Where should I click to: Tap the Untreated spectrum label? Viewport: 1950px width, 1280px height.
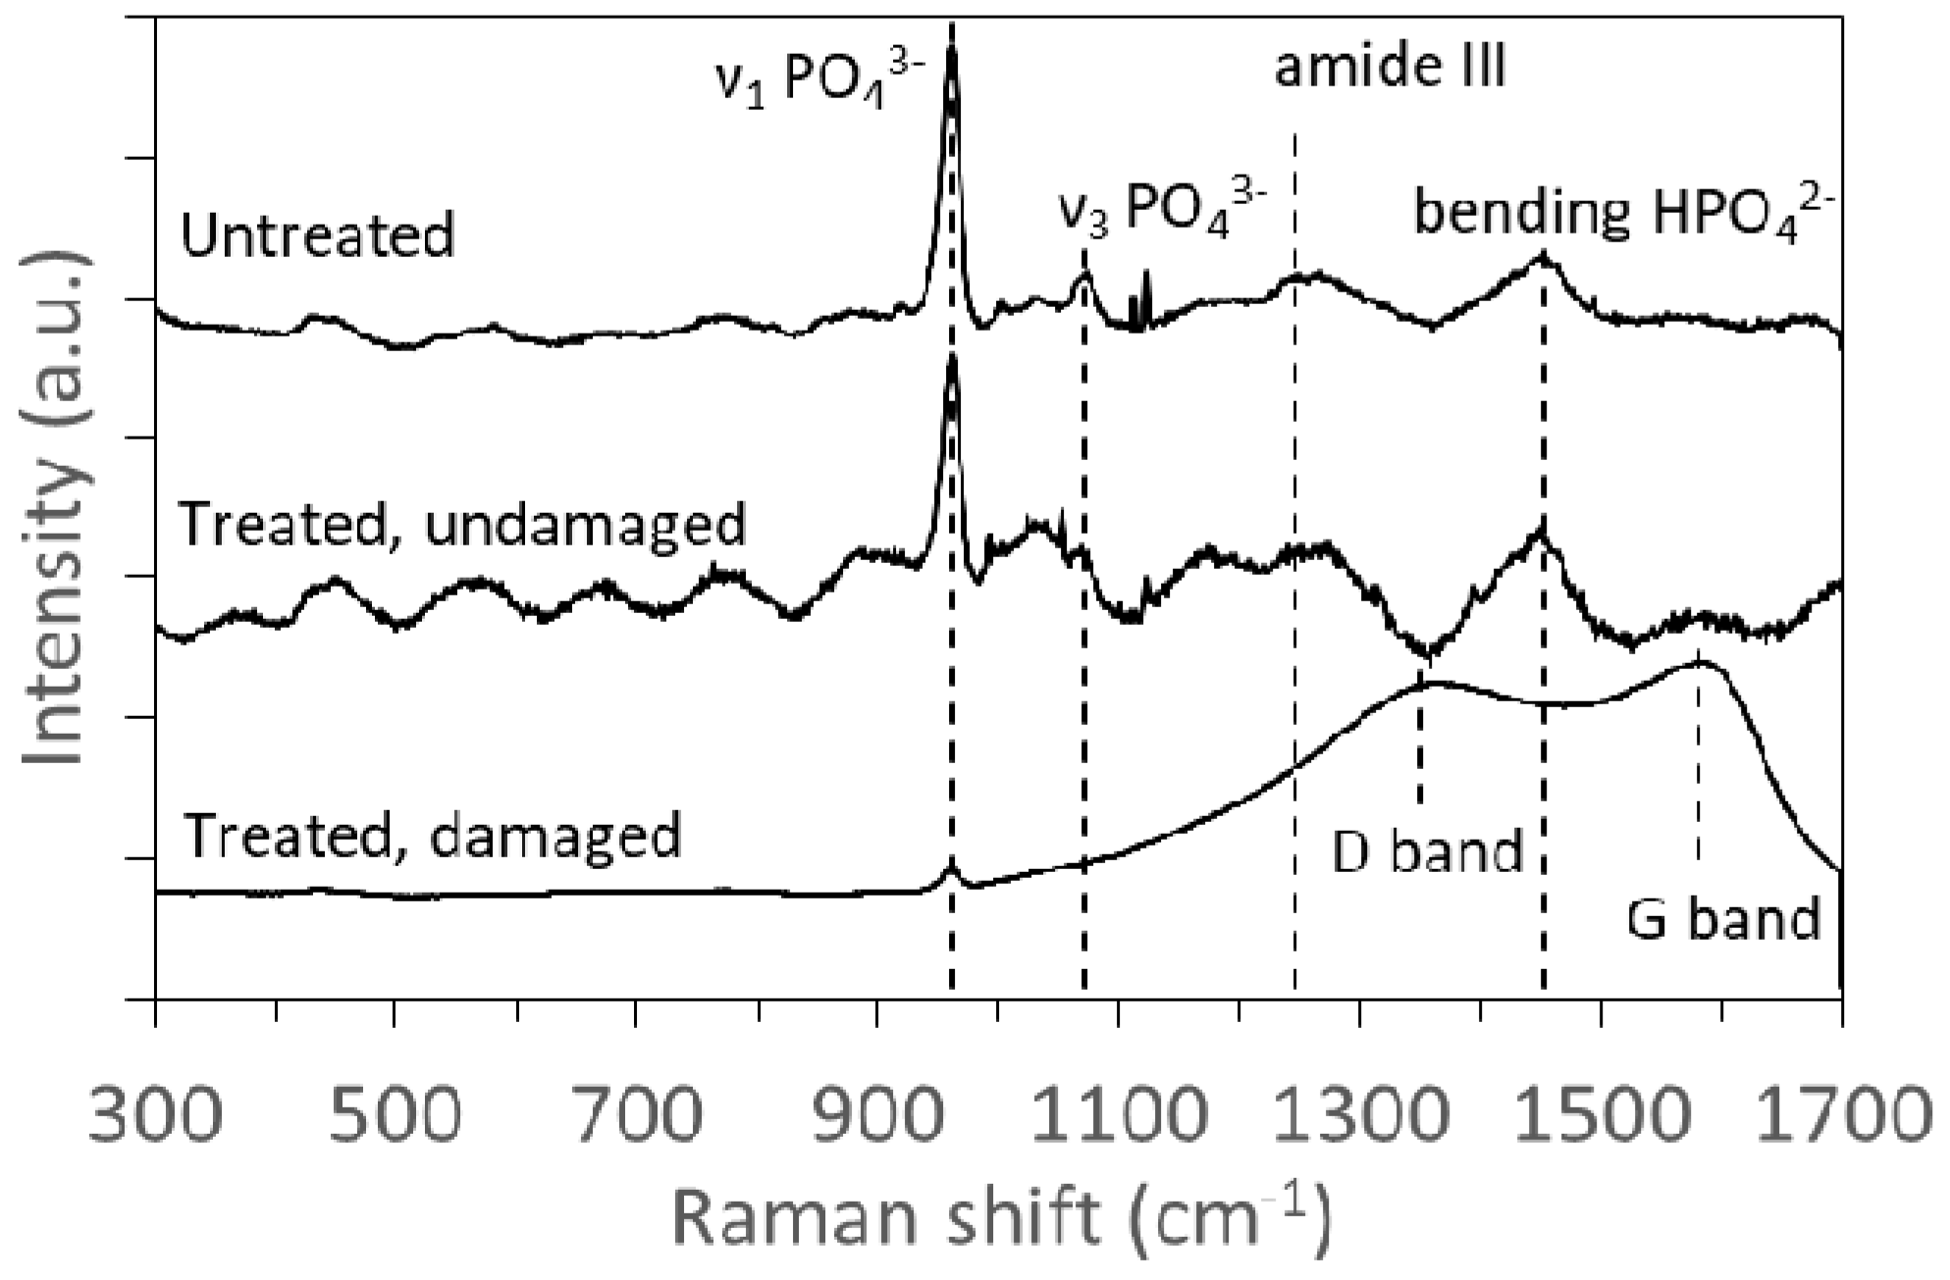point(318,235)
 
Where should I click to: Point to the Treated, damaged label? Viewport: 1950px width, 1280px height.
point(432,836)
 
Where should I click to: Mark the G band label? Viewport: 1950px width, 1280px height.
point(1723,919)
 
